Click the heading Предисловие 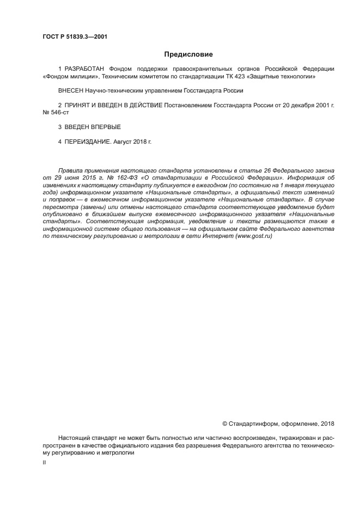coord(188,54)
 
